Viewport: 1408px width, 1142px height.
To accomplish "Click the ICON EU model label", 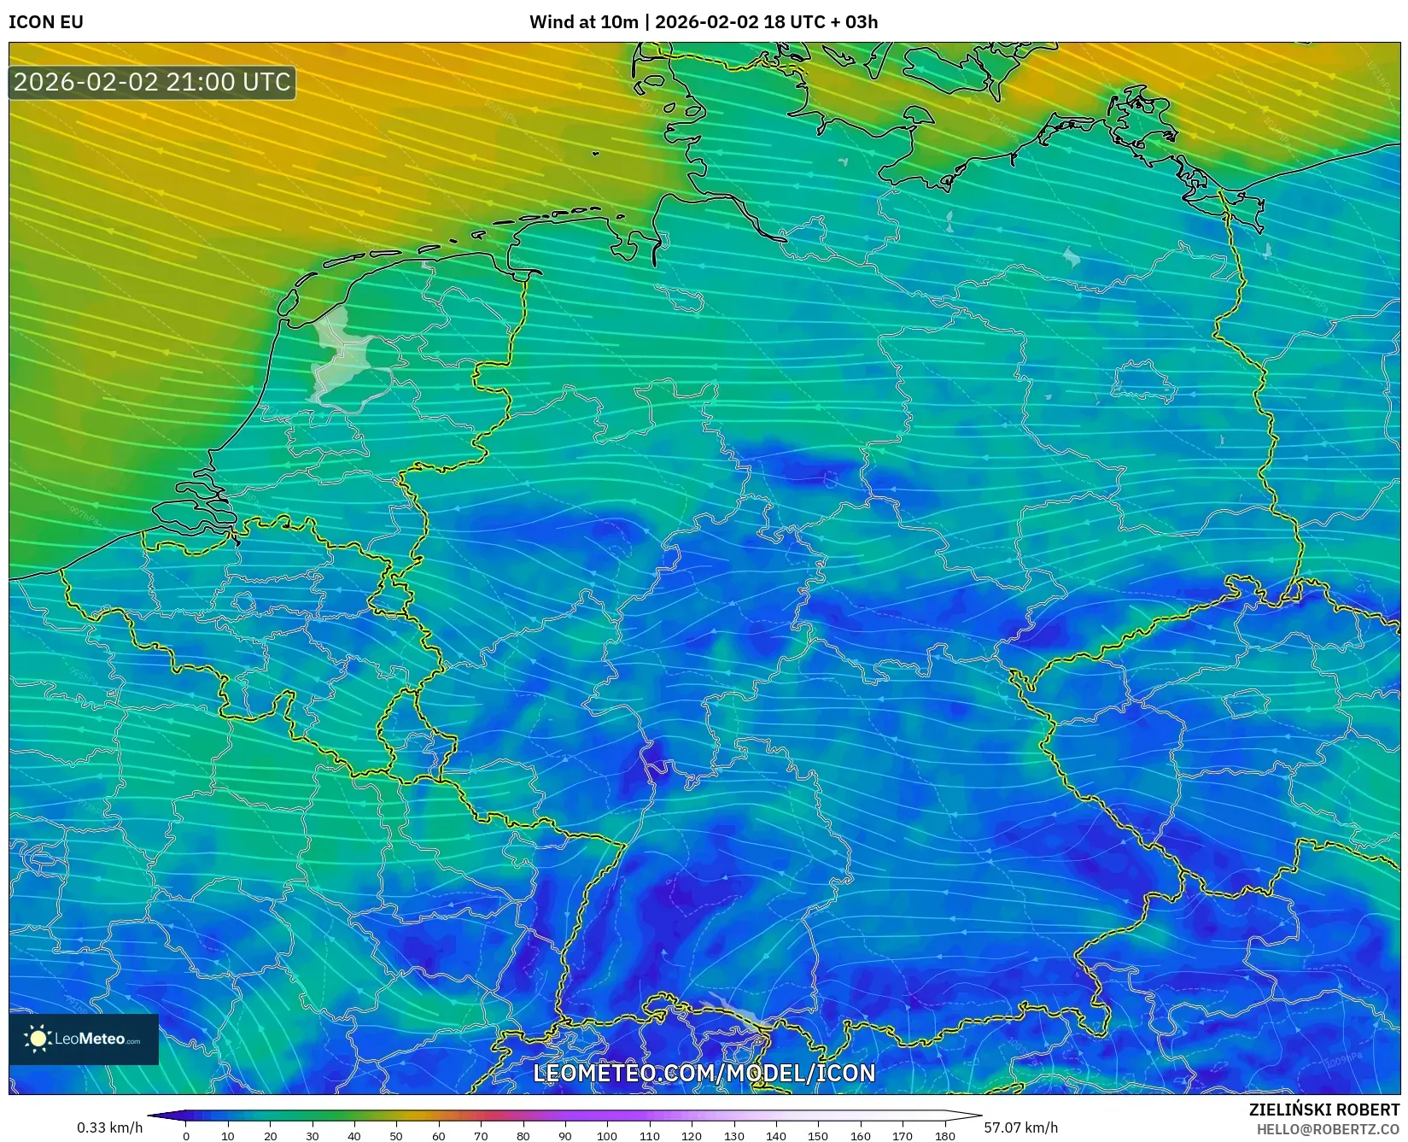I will point(46,22).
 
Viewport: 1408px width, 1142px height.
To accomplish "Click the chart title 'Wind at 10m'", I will point(583,22).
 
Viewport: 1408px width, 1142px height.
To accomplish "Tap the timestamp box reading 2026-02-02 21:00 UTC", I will point(152,83).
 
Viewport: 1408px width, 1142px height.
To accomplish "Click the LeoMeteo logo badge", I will point(84,1039).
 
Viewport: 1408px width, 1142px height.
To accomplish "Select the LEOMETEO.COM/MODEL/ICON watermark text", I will point(704,1073).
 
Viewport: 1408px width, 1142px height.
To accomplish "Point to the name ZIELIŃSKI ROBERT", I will point(1324,1110).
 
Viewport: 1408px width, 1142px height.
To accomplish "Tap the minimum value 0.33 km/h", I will point(109,1127).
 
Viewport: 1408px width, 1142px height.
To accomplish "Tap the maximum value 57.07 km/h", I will point(1020,1127).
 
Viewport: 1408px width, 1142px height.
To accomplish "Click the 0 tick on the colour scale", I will point(186,1135).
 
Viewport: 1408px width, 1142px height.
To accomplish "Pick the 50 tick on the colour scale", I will point(396,1135).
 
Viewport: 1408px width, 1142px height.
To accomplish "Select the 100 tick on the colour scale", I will point(607,1135).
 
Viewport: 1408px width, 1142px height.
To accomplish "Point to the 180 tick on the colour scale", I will point(944,1135).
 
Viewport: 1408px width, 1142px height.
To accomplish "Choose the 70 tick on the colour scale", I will point(481,1135).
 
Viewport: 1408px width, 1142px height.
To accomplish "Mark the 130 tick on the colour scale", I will point(733,1135).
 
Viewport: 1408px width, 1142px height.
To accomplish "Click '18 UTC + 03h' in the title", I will point(820,22).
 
